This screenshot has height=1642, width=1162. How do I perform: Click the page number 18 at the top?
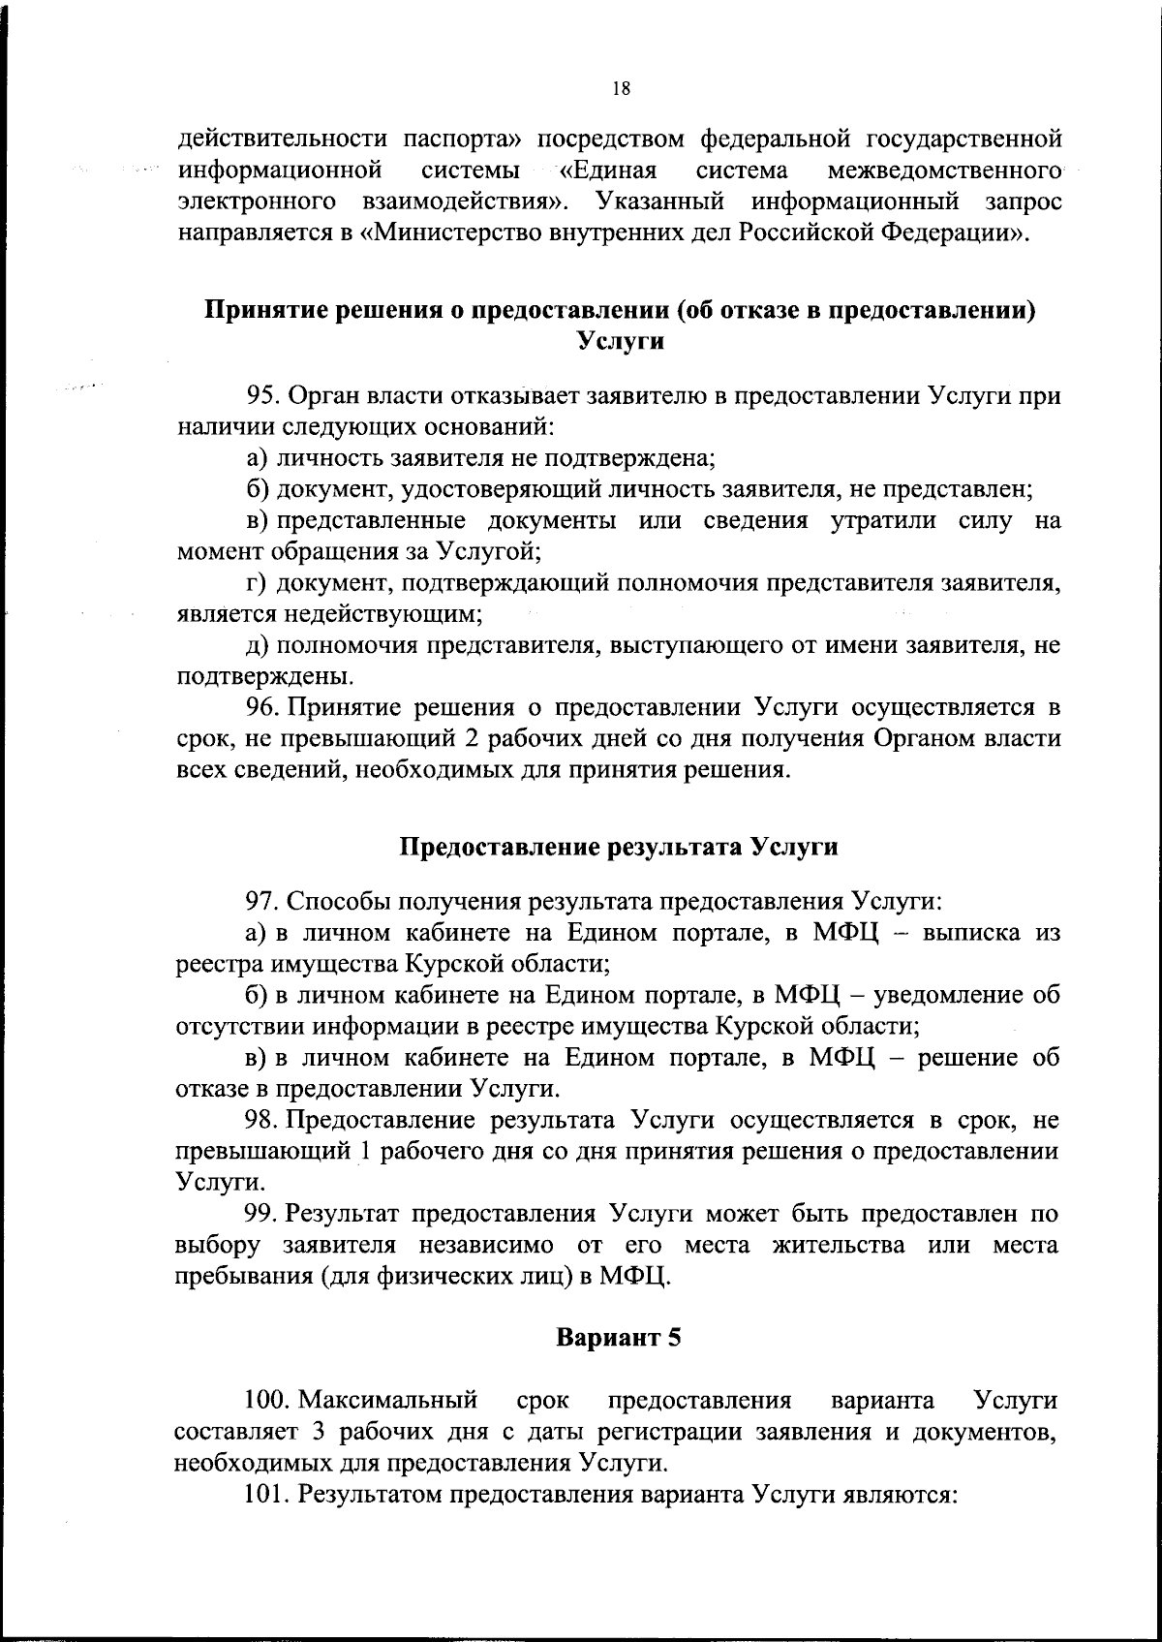click(x=622, y=89)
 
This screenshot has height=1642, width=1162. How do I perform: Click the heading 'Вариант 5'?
click(x=619, y=1339)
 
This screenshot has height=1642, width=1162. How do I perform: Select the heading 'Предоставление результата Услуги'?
click(x=619, y=847)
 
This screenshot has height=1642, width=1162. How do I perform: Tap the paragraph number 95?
click(x=262, y=396)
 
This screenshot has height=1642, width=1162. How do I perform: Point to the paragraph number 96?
click(x=262, y=707)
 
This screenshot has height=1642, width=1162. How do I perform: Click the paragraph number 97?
click(x=262, y=902)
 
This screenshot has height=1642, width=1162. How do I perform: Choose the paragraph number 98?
click(x=262, y=1121)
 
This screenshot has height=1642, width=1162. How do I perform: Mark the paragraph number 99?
click(x=262, y=1214)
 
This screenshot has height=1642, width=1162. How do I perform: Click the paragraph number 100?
click(x=267, y=1402)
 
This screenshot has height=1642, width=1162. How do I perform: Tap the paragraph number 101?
click(x=267, y=1495)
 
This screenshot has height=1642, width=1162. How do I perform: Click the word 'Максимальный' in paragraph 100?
click(x=389, y=1402)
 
